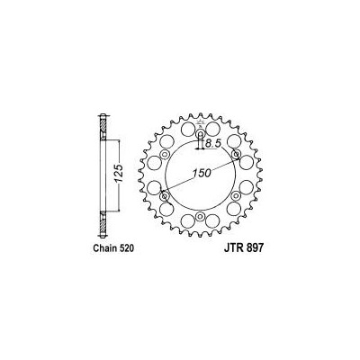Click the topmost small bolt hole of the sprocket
[x=199, y=134]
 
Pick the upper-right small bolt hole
[x=235, y=155]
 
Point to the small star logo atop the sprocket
[x=199, y=123]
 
